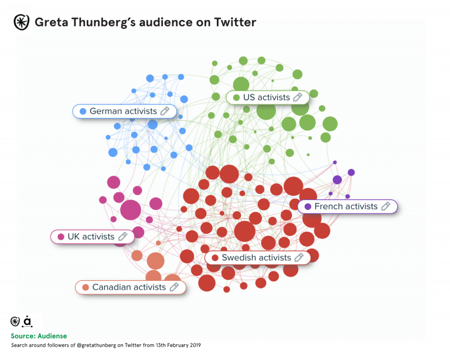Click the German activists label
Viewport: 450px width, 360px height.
point(123,111)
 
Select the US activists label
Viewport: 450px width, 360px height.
point(266,97)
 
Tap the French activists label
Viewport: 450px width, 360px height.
point(346,206)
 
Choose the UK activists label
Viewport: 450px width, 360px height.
point(91,236)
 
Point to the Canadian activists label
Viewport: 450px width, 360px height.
point(129,287)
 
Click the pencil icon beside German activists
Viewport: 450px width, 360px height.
point(165,111)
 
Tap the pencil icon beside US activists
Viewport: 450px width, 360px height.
point(298,97)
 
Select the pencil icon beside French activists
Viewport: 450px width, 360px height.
point(386,206)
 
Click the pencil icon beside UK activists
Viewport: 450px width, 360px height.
point(122,236)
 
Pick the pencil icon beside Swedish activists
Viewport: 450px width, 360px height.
point(299,257)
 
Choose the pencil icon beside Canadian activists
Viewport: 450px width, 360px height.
point(174,287)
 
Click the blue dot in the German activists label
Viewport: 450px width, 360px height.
point(83,111)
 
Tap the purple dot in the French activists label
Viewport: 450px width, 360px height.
point(308,207)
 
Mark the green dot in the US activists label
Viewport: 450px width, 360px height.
point(236,98)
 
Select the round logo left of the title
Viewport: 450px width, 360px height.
point(21,23)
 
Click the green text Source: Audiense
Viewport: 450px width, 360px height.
point(39,336)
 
